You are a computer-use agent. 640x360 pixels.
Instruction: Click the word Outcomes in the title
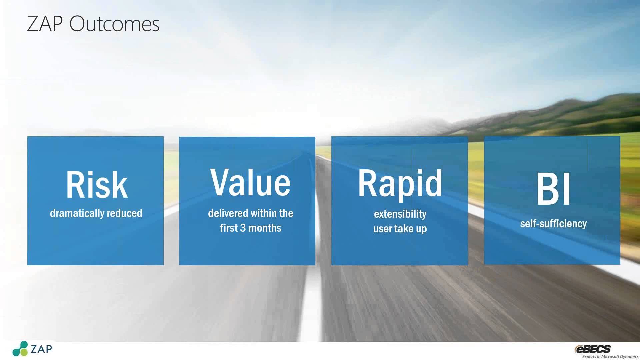tap(114, 24)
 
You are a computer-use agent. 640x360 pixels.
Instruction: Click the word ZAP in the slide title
tap(45, 24)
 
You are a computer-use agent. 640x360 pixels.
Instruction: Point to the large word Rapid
tap(400, 184)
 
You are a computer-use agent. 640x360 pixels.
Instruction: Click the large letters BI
tap(553, 189)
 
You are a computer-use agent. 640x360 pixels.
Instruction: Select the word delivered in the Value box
tap(228, 213)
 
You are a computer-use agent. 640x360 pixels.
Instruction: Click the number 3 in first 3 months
tap(243, 228)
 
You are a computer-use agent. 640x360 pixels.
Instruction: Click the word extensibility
tap(400, 214)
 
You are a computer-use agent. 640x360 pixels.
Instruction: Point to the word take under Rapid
tap(404, 229)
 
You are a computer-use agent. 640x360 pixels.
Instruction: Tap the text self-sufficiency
tap(553, 224)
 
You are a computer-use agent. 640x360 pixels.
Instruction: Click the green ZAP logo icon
tap(20, 349)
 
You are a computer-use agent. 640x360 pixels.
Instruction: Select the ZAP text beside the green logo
tap(41, 349)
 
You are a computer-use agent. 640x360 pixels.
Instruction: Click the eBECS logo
tap(593, 349)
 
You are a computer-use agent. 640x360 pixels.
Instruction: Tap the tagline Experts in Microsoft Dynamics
tap(610, 356)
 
